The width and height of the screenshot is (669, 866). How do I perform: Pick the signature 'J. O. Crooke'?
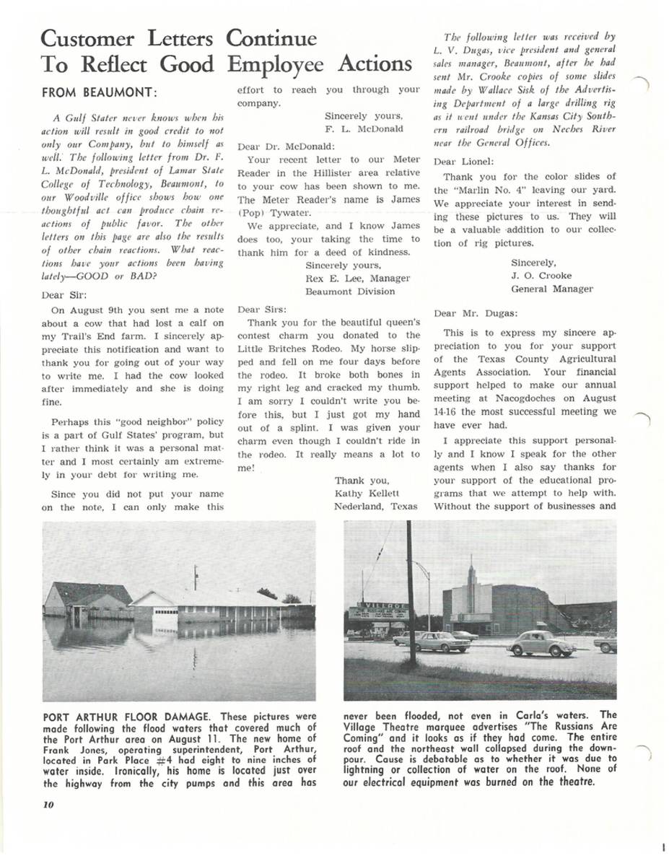541,276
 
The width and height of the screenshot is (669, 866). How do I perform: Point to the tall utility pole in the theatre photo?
411,592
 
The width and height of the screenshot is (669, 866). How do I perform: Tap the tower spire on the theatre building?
471,570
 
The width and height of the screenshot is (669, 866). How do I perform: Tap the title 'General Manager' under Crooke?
552,289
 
